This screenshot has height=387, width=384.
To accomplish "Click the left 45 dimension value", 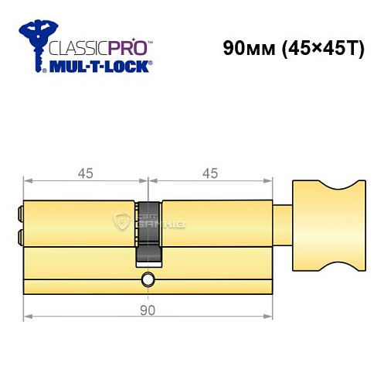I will (86, 173).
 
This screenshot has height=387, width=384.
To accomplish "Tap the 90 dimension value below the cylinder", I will (148, 310).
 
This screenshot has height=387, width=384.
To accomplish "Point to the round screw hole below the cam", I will (148, 279).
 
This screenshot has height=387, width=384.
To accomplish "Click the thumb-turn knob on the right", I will (328, 224).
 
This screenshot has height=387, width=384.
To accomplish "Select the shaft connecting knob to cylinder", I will (283, 224).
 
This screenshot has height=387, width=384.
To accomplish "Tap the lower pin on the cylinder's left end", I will (19, 236).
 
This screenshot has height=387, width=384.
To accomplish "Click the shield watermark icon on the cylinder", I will (122, 223).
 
